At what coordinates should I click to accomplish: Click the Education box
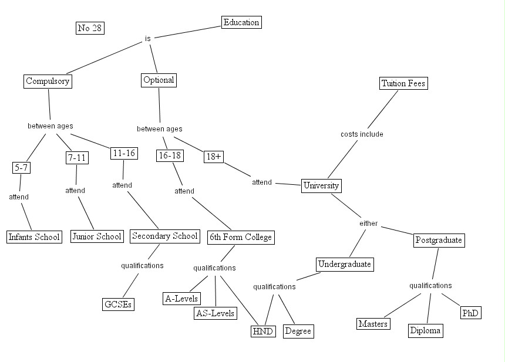[241, 23]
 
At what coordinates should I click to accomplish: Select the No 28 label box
[90, 28]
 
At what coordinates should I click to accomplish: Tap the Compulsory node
[48, 82]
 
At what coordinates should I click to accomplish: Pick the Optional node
[159, 80]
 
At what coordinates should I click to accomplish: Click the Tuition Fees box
[403, 83]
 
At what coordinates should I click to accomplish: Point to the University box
[321, 186]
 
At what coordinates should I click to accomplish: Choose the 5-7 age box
[21, 168]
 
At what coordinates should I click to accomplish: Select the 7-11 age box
[76, 158]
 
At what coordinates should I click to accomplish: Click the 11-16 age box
[123, 153]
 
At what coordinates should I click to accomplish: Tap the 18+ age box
[213, 157]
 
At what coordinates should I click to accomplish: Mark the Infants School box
[34, 237]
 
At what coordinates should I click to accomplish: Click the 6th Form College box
[241, 238]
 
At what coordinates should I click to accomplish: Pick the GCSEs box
[118, 305]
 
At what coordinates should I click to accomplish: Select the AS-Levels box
[215, 313]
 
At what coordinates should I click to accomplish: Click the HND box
[262, 331]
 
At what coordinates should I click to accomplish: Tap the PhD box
[470, 313]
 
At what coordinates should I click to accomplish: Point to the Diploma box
[425, 331]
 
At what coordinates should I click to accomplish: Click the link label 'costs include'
[362, 134]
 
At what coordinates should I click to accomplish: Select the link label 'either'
[368, 224]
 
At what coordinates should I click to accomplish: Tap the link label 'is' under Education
[148, 39]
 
